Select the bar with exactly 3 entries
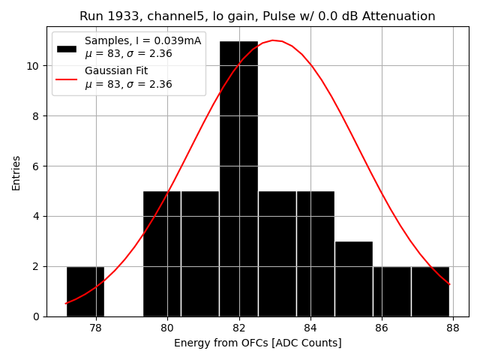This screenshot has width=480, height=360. (x=353, y=278)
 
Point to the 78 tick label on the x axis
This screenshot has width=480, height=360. (x=95, y=328)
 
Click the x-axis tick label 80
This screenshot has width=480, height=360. (x=167, y=328)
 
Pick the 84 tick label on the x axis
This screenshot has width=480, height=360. (x=310, y=328)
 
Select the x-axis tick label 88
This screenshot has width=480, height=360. (x=454, y=328)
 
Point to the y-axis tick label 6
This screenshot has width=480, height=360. (x=37, y=166)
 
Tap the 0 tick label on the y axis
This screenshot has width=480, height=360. (x=37, y=316)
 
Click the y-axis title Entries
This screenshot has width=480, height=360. (x=16, y=172)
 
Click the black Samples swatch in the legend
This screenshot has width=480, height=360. (x=67, y=49)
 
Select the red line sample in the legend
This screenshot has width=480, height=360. (x=67, y=78)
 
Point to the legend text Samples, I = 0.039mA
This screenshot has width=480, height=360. (x=142, y=40)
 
